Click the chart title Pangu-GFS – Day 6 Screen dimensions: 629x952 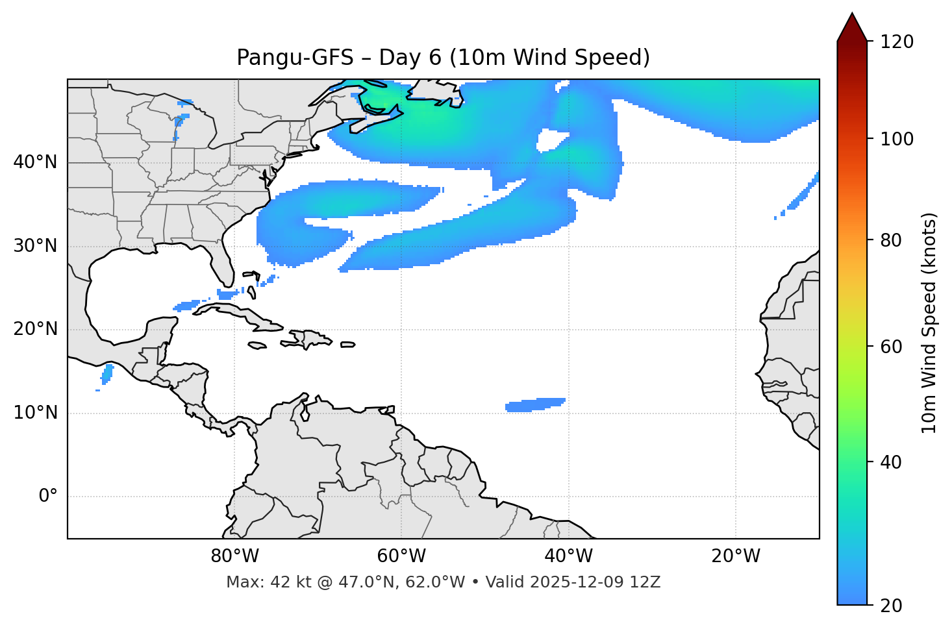pyautogui.click(x=443, y=58)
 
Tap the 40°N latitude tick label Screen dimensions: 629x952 pyautogui.click(x=35, y=162)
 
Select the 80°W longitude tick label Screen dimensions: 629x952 pyautogui.click(x=234, y=556)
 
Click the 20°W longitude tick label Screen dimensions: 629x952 pyautogui.click(x=736, y=556)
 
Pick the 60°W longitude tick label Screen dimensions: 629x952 pyautogui.click(x=401, y=556)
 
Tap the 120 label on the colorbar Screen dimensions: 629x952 pyautogui.click(x=897, y=42)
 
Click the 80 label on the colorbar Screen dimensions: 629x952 pyautogui.click(x=892, y=240)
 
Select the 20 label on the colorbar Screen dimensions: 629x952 pyautogui.click(x=892, y=606)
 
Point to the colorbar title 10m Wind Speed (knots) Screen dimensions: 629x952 pyautogui.click(x=929, y=323)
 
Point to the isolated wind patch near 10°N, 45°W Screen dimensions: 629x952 pyautogui.click(x=534, y=404)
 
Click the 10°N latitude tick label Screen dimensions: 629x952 pyautogui.click(x=35, y=413)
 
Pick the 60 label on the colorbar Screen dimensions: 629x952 pyautogui.click(x=892, y=347)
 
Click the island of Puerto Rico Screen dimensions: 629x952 pyautogui.click(x=347, y=345)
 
